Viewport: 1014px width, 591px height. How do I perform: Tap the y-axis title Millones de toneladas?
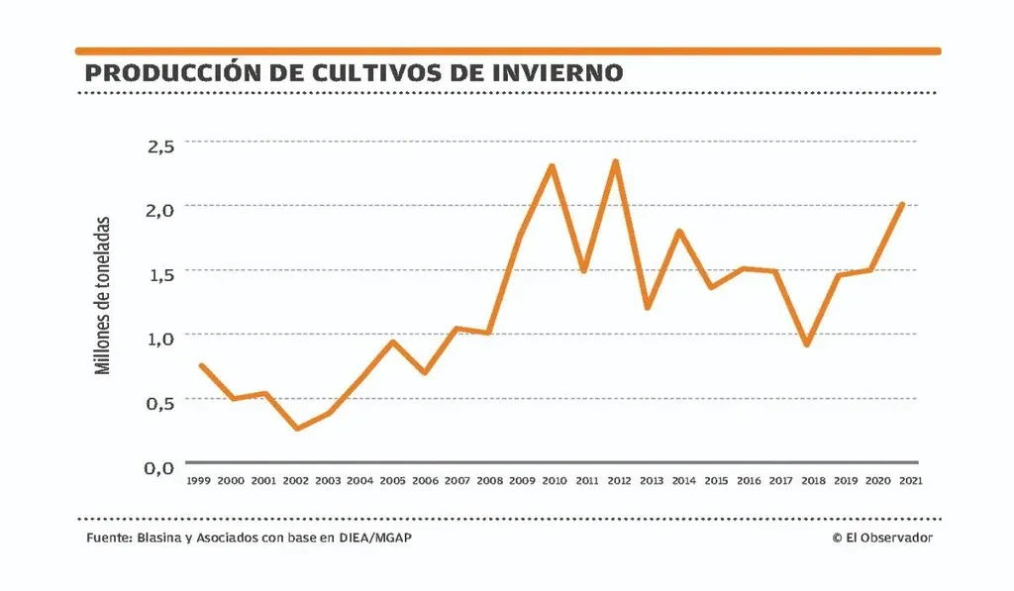(x=102, y=295)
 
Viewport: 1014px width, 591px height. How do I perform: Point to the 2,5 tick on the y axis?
(x=160, y=145)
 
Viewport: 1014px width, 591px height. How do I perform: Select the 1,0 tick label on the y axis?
(x=160, y=338)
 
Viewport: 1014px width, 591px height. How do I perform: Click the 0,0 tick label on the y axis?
(x=160, y=467)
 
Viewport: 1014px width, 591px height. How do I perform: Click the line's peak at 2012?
(x=616, y=161)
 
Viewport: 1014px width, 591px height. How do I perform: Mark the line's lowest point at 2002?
(x=296, y=429)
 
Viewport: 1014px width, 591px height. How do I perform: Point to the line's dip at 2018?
(x=808, y=345)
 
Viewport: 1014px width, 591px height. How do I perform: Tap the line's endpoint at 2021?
(x=902, y=204)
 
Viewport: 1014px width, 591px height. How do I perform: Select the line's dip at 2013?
(x=647, y=308)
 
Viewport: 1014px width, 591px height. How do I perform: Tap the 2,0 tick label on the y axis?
(x=160, y=209)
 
